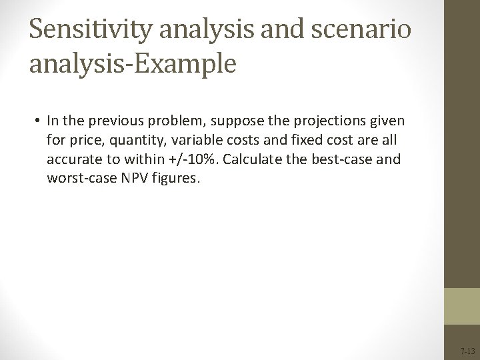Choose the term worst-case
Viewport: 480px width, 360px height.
tap(79, 179)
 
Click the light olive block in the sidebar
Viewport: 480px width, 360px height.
tap(461, 306)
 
